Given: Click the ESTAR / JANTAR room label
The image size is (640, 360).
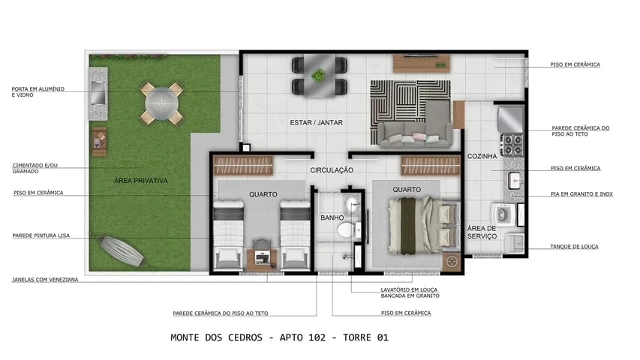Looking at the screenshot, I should click(315, 121).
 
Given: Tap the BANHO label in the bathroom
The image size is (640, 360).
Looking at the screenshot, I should click(332, 218).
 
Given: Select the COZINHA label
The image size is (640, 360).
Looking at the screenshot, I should click(481, 156).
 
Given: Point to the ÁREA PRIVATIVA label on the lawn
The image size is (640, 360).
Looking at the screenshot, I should click(140, 181).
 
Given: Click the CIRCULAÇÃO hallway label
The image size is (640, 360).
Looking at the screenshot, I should click(332, 170).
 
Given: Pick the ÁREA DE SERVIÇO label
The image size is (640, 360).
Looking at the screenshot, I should click(482, 232).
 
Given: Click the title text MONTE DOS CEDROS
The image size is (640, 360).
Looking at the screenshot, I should click(218, 337).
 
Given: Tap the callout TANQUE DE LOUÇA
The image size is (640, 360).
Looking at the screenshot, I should click(574, 246).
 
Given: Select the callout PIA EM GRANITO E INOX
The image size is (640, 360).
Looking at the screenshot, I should click(581, 194).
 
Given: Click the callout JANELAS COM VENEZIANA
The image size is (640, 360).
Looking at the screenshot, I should click(45, 280).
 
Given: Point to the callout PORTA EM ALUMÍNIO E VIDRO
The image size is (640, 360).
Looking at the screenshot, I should click(38, 92).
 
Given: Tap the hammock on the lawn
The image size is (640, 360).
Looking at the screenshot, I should click(121, 250).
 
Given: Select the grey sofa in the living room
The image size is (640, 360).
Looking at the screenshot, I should click(414, 133).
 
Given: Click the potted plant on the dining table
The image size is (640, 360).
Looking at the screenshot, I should click(319, 75).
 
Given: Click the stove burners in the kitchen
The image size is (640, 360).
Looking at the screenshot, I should click(512, 144).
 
